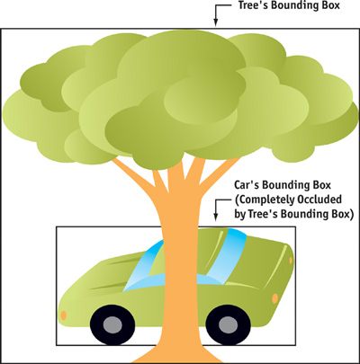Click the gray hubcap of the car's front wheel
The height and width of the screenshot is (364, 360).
coord(112,324)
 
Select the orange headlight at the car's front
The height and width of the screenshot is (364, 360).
coord(63,315)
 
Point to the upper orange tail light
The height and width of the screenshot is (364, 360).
coord(291,260)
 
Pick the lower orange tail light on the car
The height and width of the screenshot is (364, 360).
coord(274,298)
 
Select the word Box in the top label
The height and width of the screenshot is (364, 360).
coord(331,5)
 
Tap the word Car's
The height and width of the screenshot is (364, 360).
coord(247,185)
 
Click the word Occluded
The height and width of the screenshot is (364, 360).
coord(319,200)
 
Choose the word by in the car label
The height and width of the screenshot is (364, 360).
coord(240,215)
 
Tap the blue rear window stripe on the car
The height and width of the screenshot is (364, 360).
coord(226,255)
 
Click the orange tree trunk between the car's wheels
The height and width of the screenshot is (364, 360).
coord(180,315)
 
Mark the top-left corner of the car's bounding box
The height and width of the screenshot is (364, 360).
coord(57,226)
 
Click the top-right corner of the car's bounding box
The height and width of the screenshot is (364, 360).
coord(296,226)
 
